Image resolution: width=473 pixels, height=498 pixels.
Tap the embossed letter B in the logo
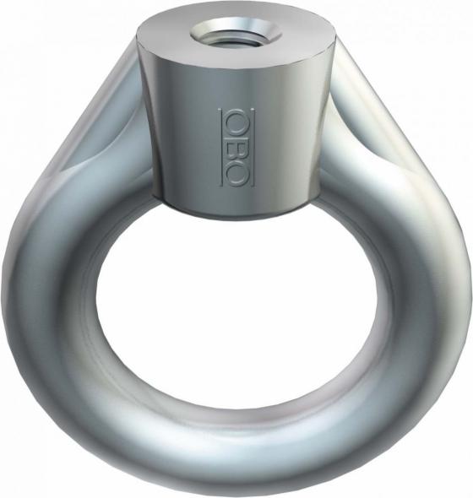pos(237,146)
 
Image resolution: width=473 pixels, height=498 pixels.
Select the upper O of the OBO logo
pos(237,121)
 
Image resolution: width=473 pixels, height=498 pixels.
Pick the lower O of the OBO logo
pos(237,172)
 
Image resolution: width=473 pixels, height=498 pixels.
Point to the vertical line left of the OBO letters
pos(221,147)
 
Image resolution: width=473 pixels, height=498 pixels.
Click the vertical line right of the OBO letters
pos(252,147)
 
